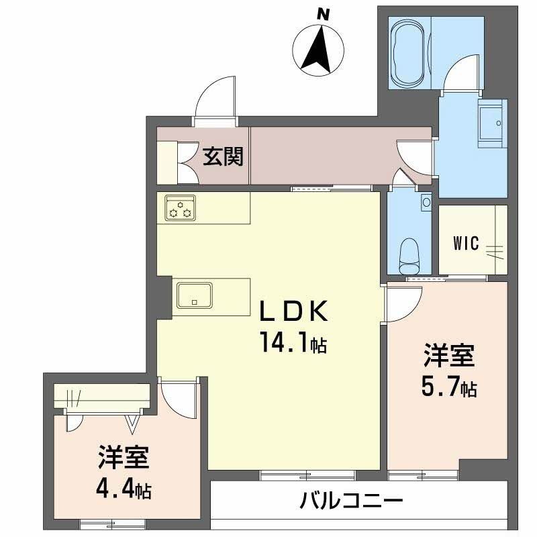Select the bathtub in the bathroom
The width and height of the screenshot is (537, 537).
(x=409, y=52)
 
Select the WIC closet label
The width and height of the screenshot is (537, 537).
(x=466, y=243)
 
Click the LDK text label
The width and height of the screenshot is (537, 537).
(x=294, y=312)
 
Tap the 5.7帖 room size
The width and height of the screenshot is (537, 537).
(x=449, y=387)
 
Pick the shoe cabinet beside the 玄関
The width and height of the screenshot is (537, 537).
(x=167, y=162)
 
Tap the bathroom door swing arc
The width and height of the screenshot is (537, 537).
(x=463, y=75)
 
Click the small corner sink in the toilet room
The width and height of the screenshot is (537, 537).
(x=426, y=201)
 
